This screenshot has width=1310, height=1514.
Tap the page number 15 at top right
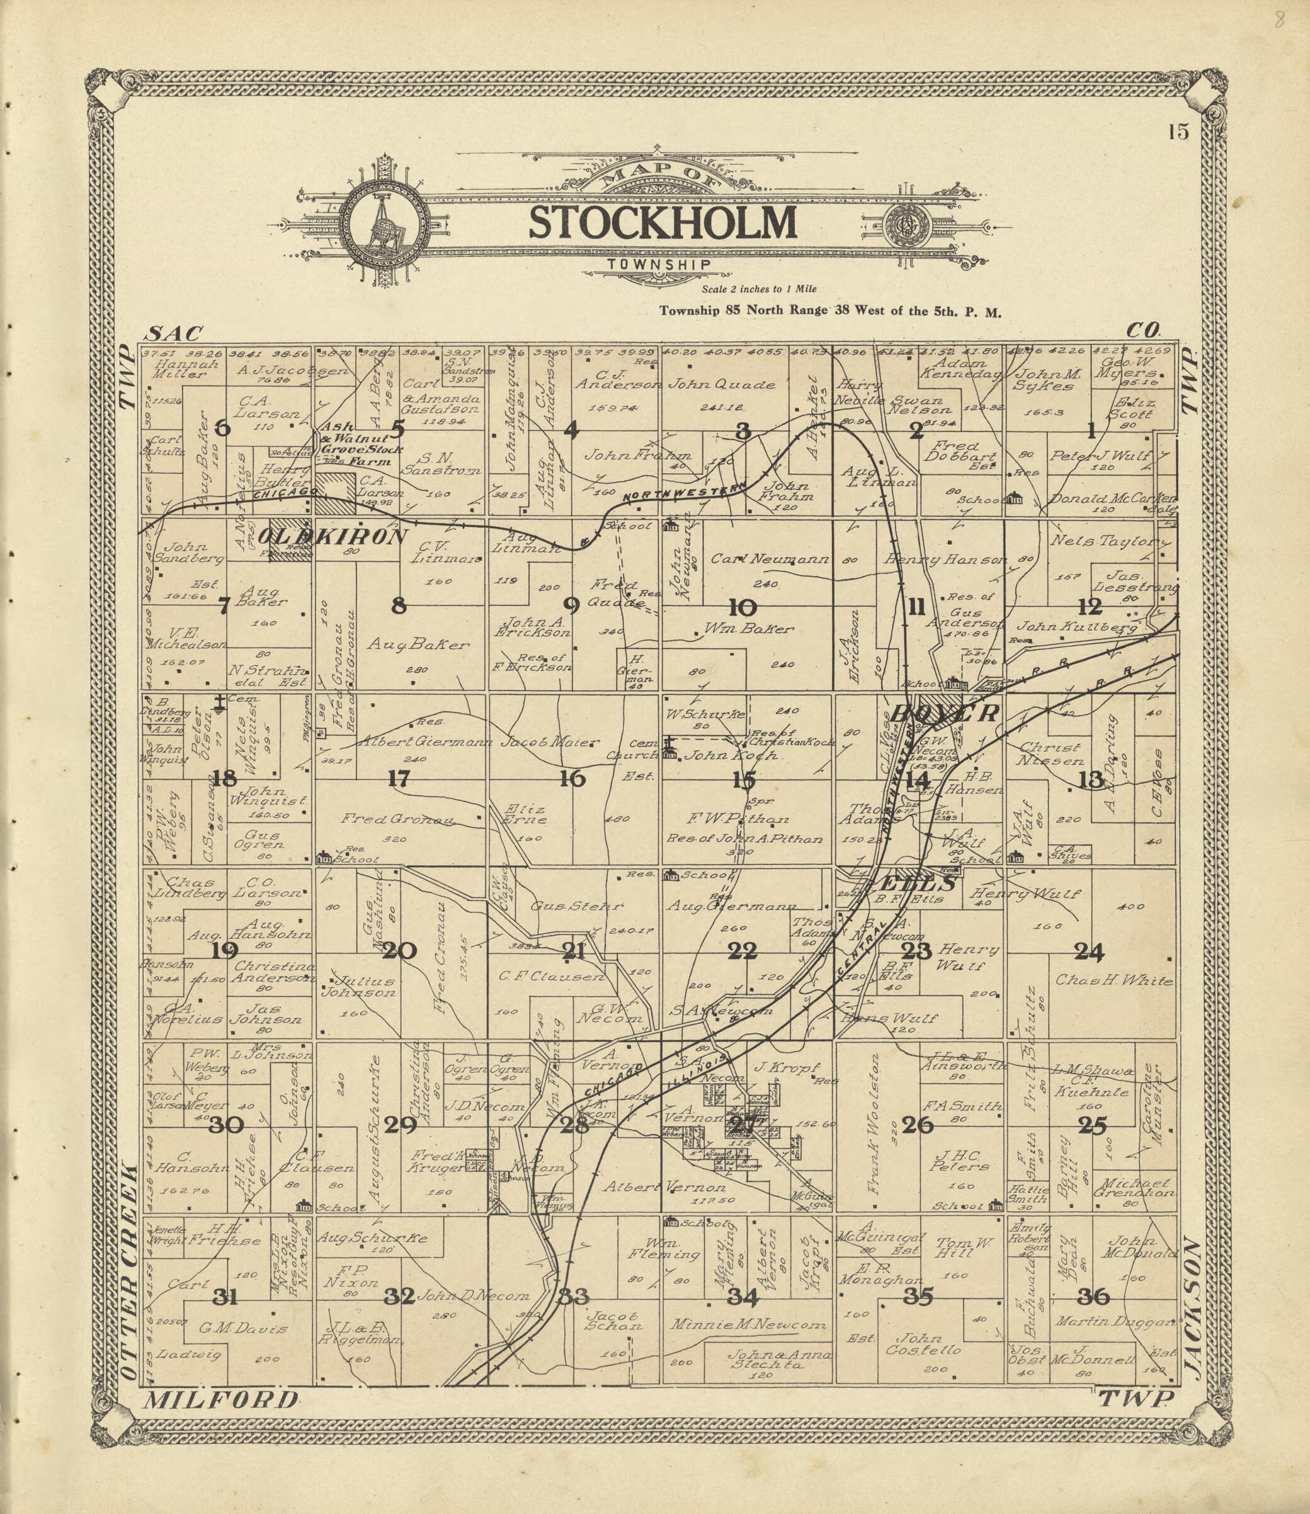point(1178,132)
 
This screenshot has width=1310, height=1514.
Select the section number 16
point(572,779)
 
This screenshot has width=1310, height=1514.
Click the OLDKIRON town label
point(333,537)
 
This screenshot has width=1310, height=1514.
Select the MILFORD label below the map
point(222,1400)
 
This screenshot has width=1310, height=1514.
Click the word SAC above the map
point(173,335)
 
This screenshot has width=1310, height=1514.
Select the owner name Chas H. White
point(1113,981)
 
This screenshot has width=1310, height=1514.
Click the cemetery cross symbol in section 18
point(219,704)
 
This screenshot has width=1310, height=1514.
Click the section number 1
point(1091,432)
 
